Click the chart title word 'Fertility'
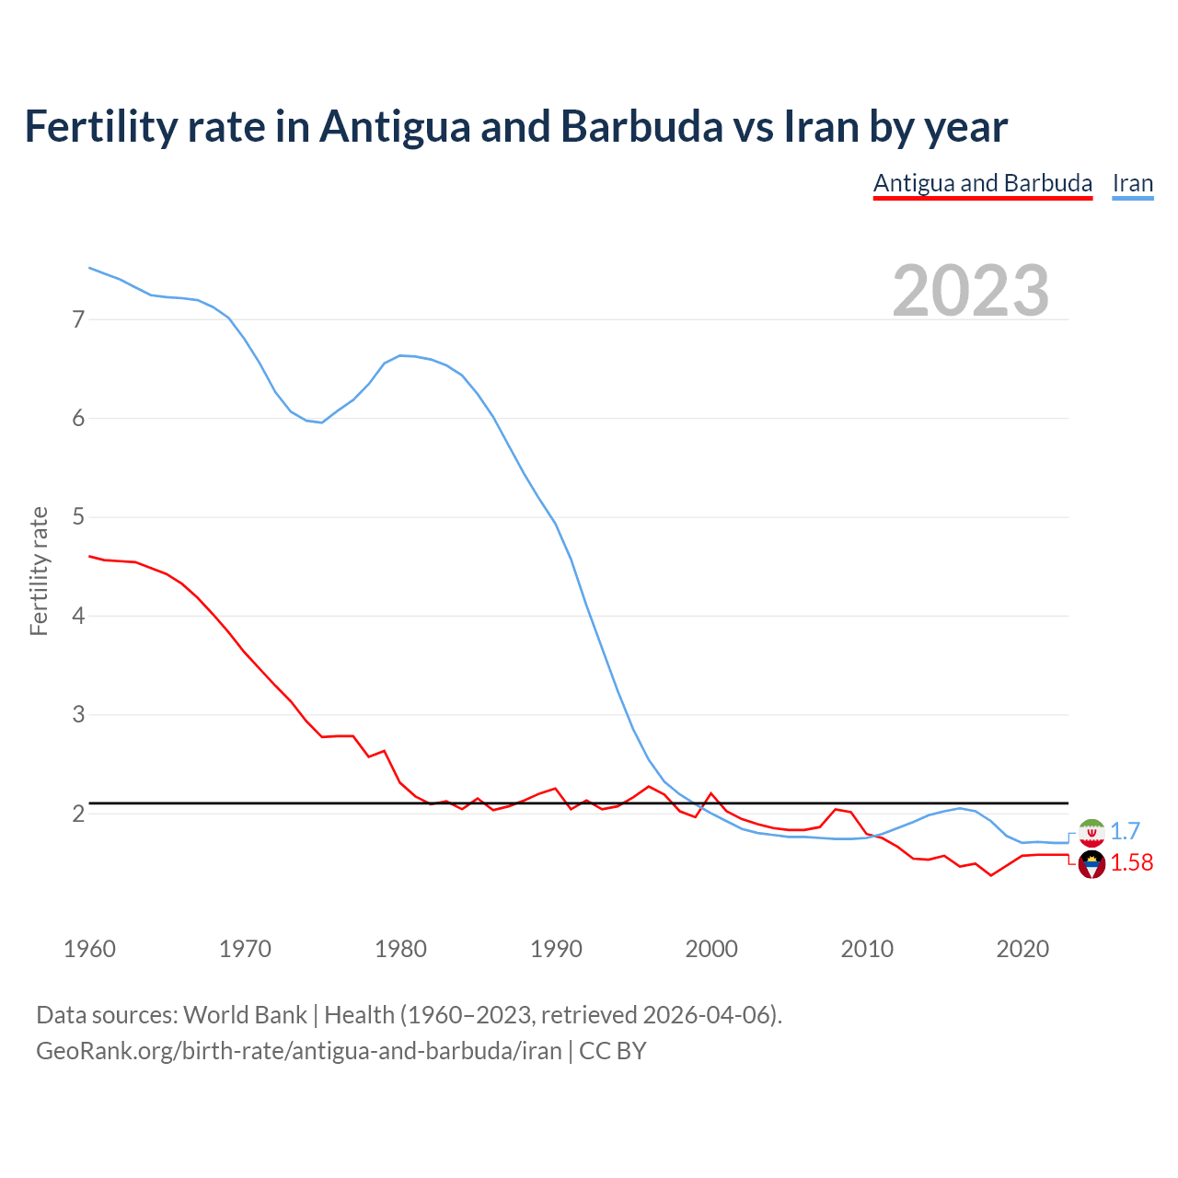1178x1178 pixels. (99, 127)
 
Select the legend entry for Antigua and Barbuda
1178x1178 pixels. (982, 183)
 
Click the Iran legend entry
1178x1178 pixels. (1132, 183)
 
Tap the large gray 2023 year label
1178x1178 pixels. (970, 291)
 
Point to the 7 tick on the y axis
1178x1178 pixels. (78, 319)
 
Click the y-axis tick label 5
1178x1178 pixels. (78, 517)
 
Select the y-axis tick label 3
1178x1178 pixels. (78, 715)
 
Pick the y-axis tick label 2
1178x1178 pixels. (78, 814)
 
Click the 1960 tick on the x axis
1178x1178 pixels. (89, 949)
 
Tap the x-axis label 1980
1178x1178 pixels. (400, 949)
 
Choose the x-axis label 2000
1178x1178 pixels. (711, 949)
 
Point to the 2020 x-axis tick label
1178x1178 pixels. (1022, 949)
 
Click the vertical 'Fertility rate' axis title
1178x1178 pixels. (39, 571)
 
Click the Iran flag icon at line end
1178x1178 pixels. (1091, 832)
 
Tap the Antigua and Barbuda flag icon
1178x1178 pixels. (1091, 864)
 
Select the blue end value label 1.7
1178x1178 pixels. (1125, 831)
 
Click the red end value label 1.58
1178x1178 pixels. (1131, 863)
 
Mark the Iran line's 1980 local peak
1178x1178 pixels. (400, 355)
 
